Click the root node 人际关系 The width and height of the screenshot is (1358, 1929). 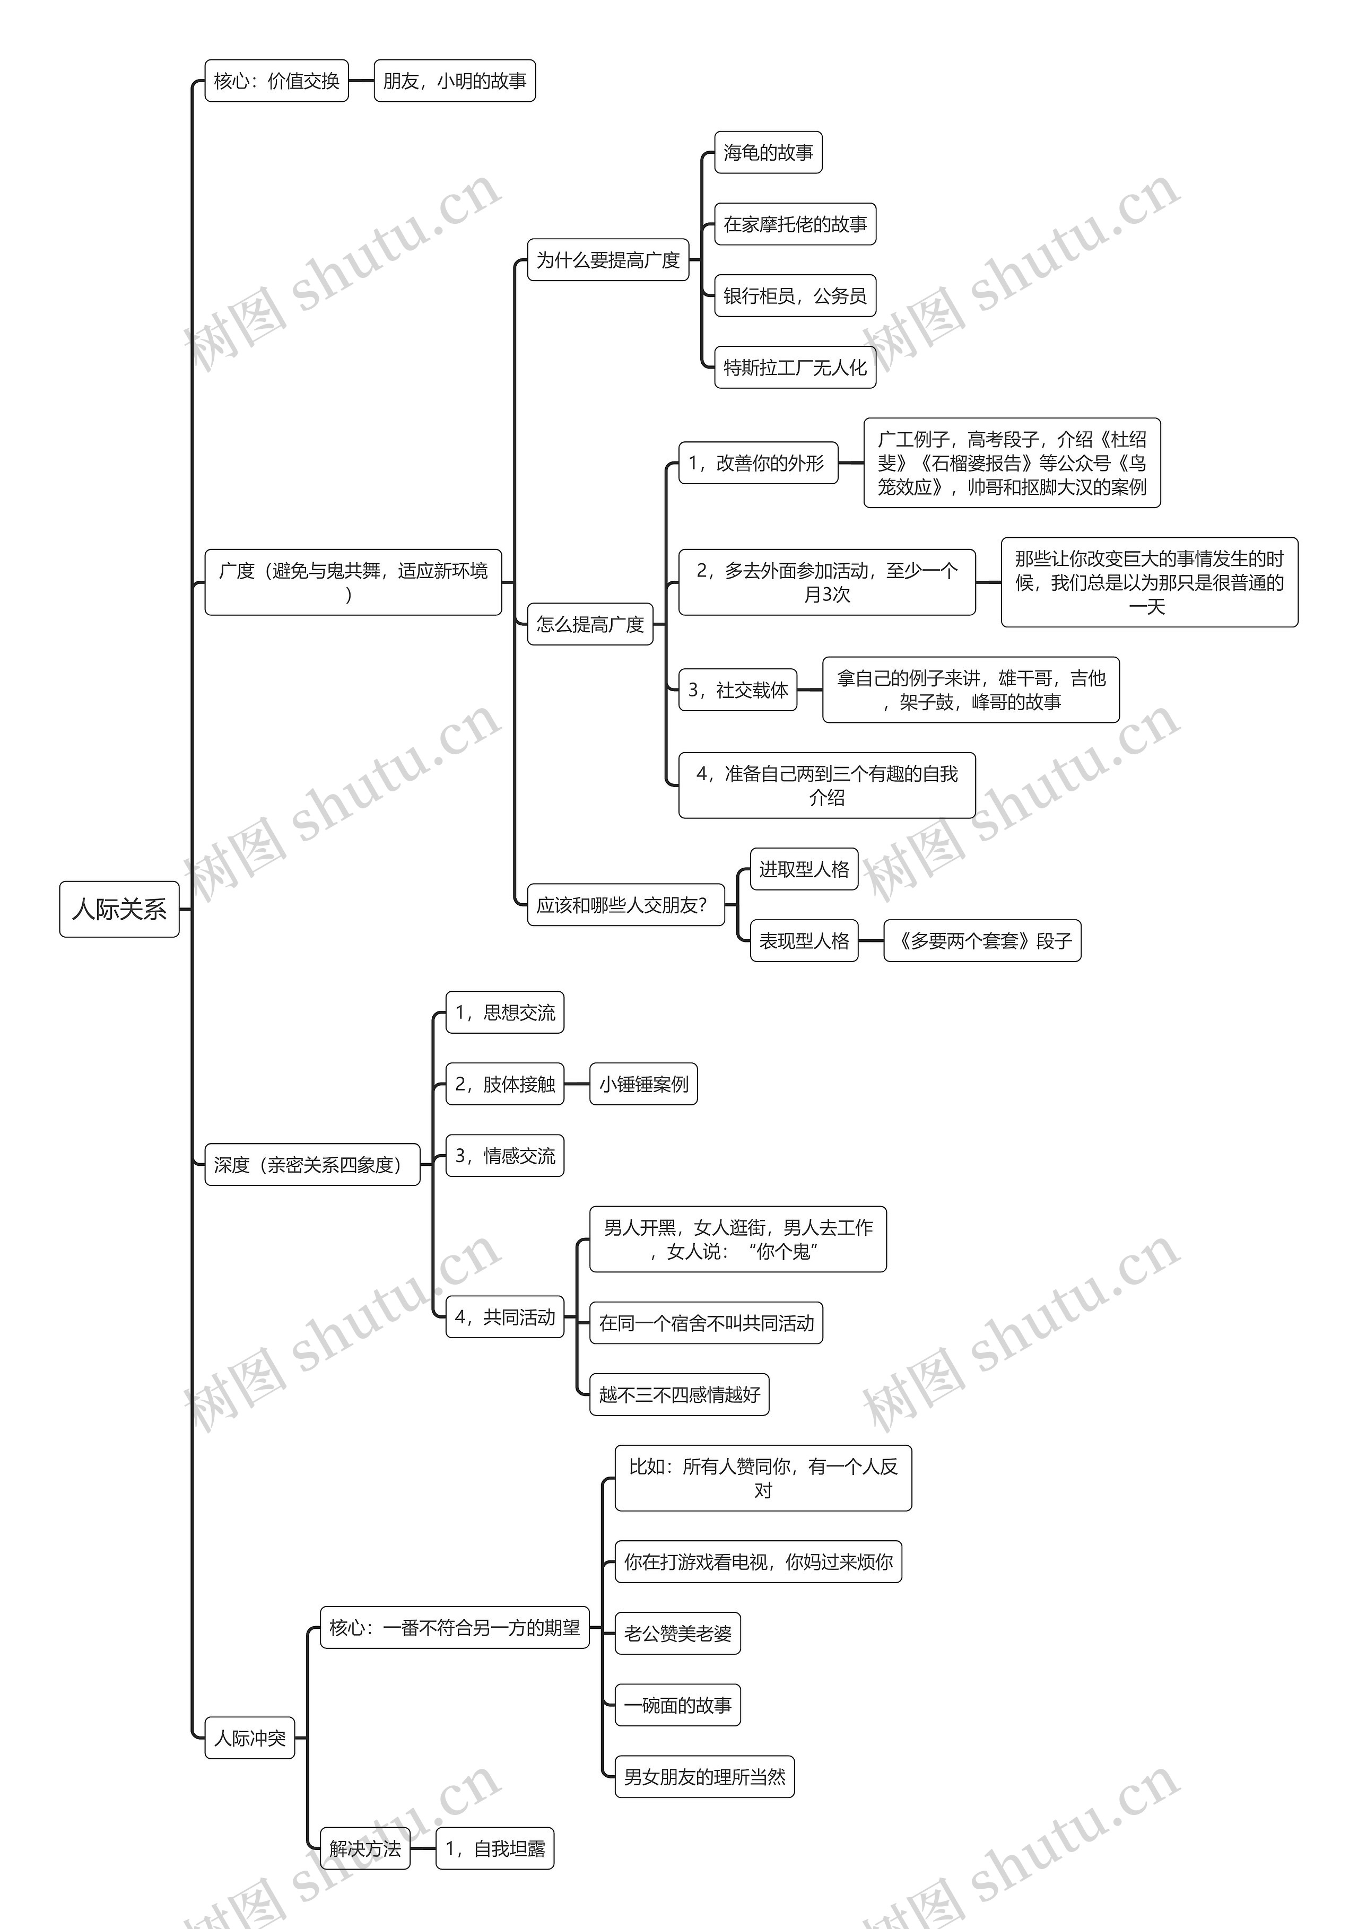[119, 909]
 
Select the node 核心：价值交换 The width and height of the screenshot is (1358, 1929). [276, 81]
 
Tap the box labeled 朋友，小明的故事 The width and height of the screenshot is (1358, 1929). [455, 81]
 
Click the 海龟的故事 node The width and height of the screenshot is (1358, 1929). [768, 153]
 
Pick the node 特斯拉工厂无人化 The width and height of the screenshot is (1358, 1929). [795, 367]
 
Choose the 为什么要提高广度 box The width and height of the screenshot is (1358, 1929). [607, 260]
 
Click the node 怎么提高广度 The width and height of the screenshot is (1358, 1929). [590, 624]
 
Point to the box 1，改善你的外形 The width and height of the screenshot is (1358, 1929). [758, 463]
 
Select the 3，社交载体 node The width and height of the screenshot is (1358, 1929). [738, 690]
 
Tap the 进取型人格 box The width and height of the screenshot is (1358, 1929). [804, 870]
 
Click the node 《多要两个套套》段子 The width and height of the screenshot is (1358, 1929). [982, 941]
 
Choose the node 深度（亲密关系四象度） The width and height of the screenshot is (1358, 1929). [312, 1165]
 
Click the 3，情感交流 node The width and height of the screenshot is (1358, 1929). [505, 1156]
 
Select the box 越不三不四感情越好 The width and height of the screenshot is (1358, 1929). [679, 1395]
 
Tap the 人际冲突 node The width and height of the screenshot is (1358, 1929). [249, 1738]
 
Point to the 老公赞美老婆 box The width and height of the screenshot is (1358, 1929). [677, 1633]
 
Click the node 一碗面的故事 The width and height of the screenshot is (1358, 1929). [677, 1705]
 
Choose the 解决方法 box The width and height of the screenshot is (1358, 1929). [365, 1848]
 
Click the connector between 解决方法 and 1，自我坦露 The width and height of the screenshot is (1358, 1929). [423, 1848]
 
